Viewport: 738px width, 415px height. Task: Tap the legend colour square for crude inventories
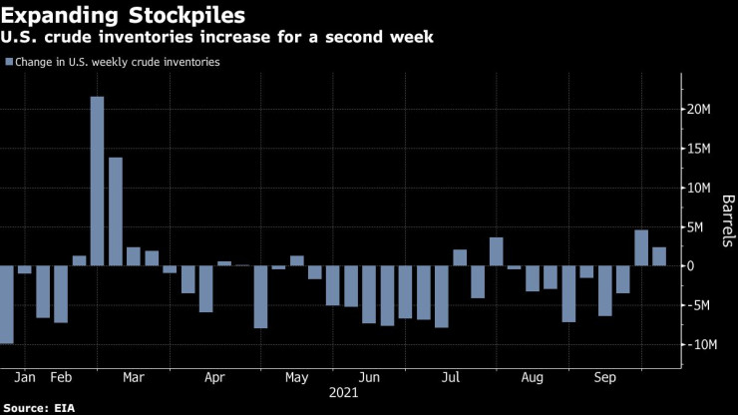coord(9,62)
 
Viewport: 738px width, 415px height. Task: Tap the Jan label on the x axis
coord(27,378)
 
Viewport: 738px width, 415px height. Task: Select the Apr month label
coord(214,378)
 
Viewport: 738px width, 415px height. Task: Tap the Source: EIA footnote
coord(39,408)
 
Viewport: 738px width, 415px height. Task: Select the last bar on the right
coord(659,256)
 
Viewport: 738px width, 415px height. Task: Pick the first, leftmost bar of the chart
coord(7,304)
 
